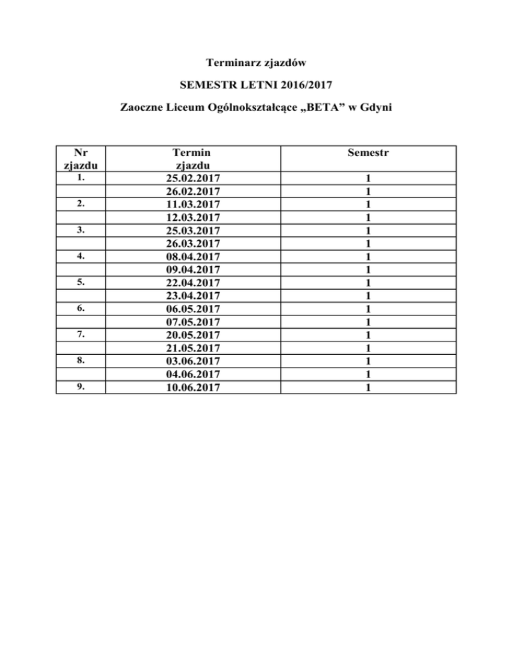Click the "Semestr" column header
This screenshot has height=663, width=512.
368,153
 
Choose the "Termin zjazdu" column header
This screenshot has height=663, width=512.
193,159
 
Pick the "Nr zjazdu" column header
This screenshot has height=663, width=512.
80,159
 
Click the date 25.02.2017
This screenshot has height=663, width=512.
193,179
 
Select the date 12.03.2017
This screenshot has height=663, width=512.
193,217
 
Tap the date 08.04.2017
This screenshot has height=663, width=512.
193,256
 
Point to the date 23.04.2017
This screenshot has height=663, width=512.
193,295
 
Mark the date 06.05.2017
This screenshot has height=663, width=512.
193,309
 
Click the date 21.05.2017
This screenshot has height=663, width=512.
193,348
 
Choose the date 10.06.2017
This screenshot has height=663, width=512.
193,387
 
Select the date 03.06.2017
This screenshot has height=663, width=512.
193,361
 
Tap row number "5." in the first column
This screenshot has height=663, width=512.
80,282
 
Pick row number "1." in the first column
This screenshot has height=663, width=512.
80,178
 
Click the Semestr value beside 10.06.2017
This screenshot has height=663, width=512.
368,387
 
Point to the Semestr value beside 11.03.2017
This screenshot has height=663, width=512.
368,204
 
